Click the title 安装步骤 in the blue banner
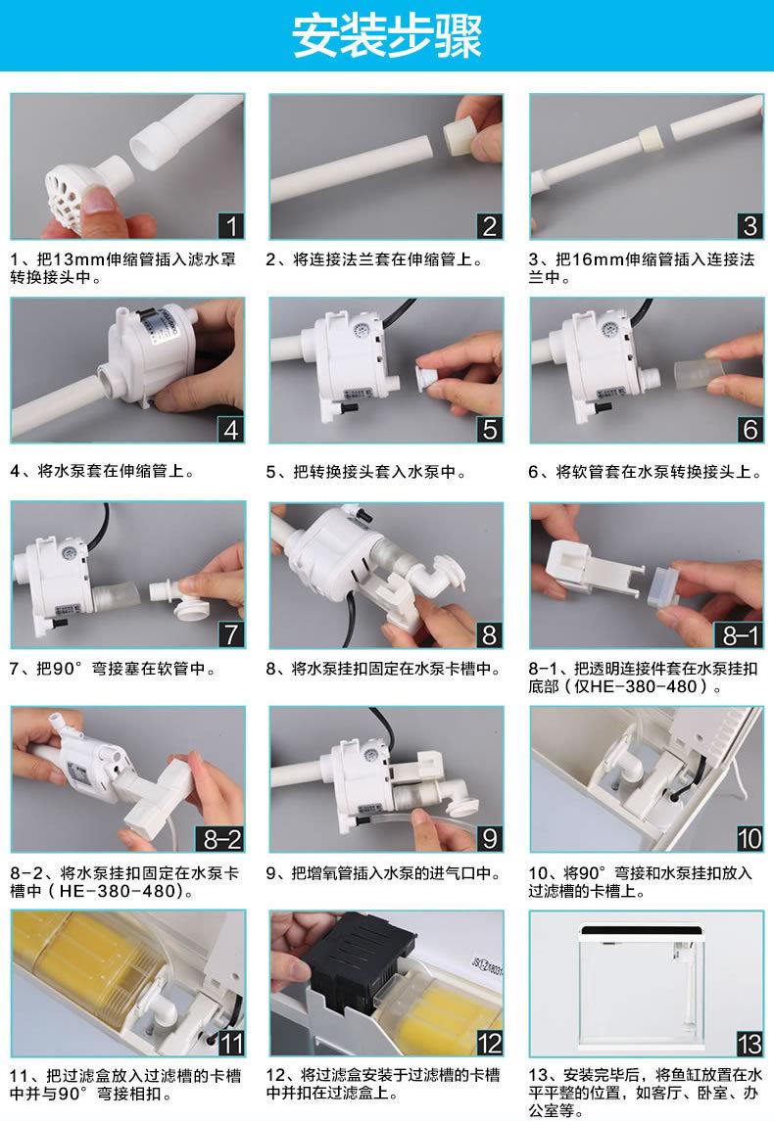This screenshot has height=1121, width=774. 386,36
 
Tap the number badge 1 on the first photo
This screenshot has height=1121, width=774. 230,226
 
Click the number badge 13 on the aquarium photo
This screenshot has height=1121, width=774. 749,1045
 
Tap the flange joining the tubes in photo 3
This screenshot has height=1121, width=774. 651,138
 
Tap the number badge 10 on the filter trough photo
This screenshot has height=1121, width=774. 749,838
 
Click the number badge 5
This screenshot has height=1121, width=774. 490,430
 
